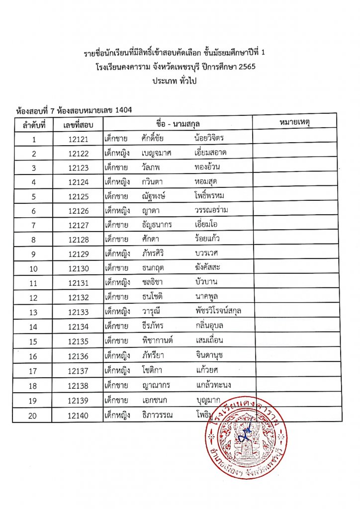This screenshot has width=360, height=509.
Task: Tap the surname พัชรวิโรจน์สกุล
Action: point(219,311)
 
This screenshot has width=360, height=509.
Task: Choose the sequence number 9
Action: point(34,254)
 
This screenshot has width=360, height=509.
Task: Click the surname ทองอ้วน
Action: point(209,168)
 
